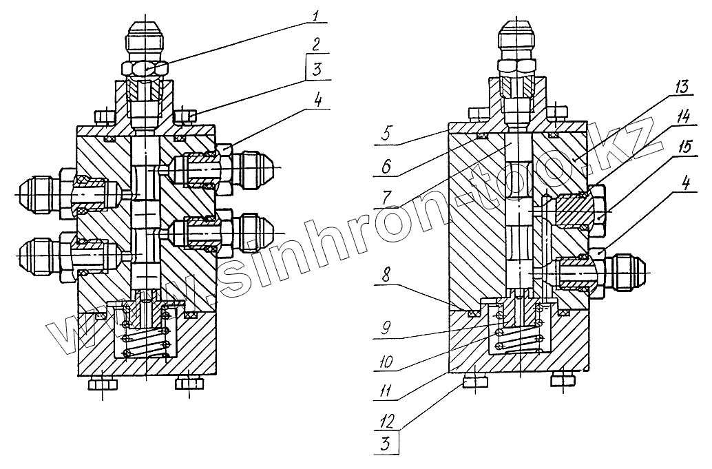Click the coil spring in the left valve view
pyautogui.click(x=147, y=342)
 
